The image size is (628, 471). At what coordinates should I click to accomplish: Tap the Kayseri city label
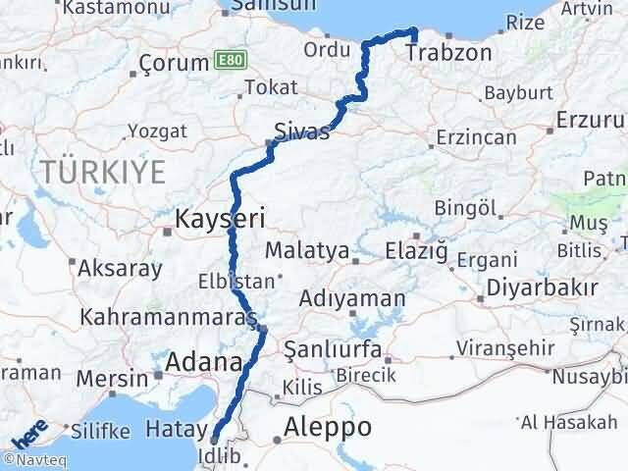point(220,217)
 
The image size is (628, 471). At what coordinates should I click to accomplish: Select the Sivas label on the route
point(302,132)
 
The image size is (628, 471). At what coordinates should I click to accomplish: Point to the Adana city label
point(204,364)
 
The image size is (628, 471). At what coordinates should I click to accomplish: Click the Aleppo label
point(328,428)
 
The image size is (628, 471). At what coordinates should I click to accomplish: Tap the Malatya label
point(306,250)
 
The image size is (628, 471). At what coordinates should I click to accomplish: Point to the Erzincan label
point(476,137)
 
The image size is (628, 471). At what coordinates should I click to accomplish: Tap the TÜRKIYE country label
point(103,172)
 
